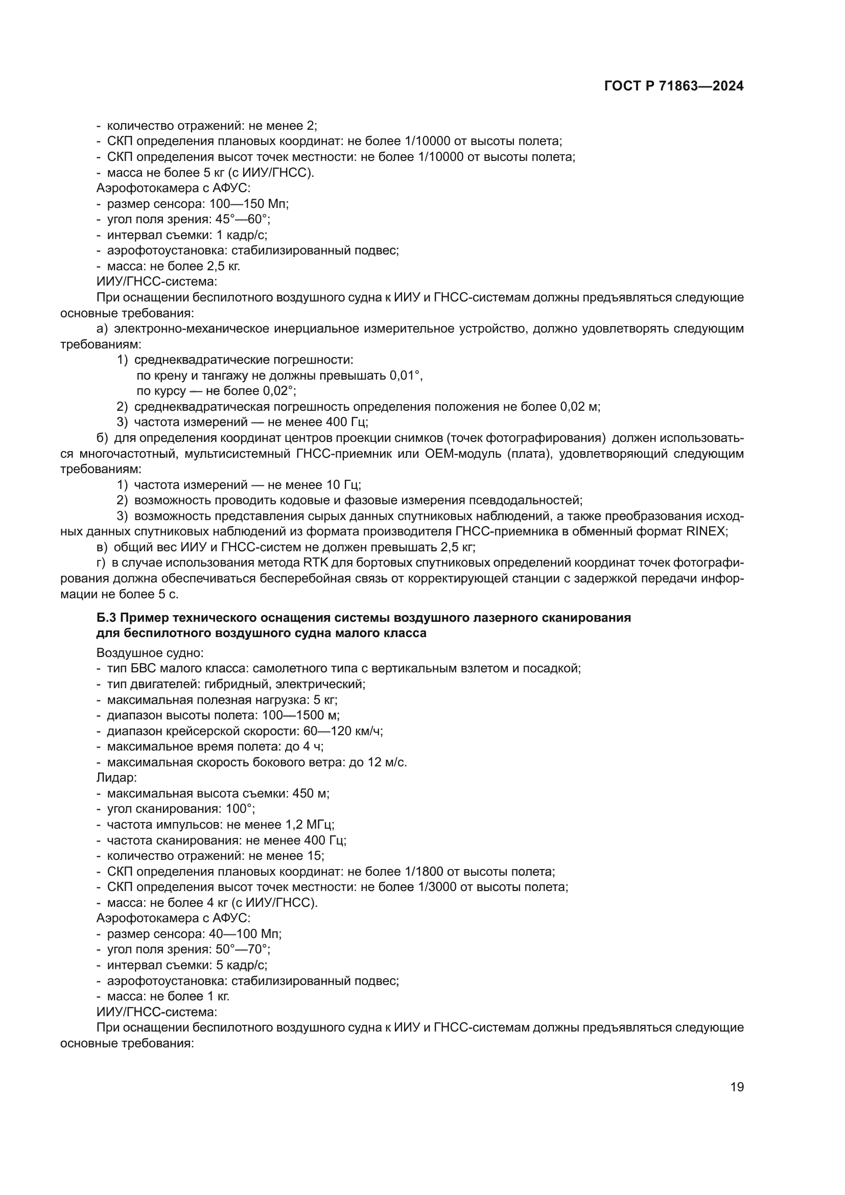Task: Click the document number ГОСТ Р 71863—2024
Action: click(x=674, y=86)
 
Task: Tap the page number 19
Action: click(x=737, y=1087)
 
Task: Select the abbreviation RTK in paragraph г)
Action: click(x=314, y=563)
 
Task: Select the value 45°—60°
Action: click(x=243, y=219)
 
